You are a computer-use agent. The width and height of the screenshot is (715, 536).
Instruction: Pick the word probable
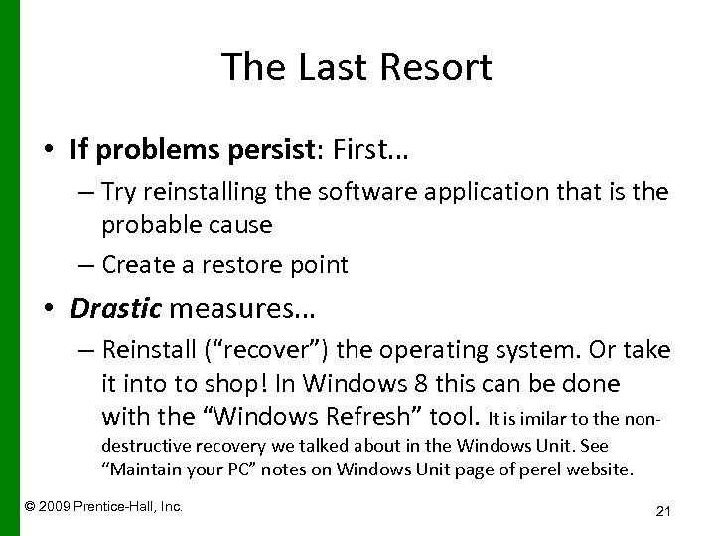(144, 225)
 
